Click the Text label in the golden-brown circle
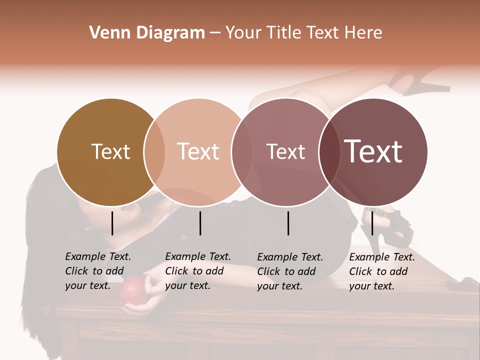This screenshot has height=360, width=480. [x=110, y=151]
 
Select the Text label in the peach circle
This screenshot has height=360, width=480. [x=198, y=151]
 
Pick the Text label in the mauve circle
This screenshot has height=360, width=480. [x=285, y=151]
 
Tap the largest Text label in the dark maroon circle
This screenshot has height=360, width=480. [x=373, y=151]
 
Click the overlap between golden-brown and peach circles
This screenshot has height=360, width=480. [x=154, y=152]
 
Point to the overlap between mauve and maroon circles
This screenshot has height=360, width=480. [x=329, y=152]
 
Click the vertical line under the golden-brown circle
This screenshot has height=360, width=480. [x=112, y=223]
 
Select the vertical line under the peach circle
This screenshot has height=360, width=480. [x=200, y=223]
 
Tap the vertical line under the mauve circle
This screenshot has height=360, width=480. [x=288, y=223]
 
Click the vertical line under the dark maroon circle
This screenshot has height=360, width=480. [x=372, y=223]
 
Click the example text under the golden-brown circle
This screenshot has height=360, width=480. [x=97, y=271]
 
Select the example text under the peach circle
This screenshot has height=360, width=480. [x=197, y=271]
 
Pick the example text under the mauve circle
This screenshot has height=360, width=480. [x=289, y=271]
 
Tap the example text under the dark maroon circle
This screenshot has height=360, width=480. [x=381, y=271]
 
